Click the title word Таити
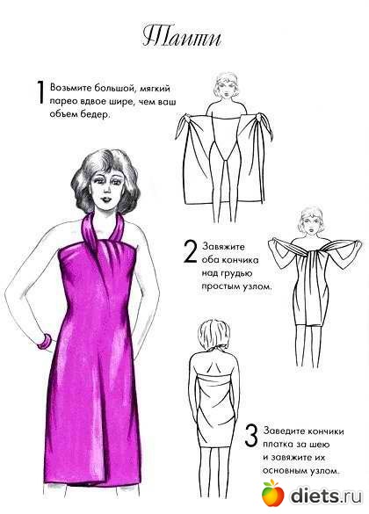pos(182,37)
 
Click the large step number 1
pos(40,92)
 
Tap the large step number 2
pos(190,252)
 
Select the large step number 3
pos(251,436)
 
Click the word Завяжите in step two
pos(223,246)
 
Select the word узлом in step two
pos(256,286)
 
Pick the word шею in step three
pos(320,445)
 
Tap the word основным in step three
pos(283,471)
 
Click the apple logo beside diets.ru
pos(272,493)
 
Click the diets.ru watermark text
pos(327,495)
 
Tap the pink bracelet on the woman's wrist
pos(44,341)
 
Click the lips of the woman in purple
pos(107,199)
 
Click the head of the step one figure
pos(226,85)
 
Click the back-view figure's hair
pos(213,336)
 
